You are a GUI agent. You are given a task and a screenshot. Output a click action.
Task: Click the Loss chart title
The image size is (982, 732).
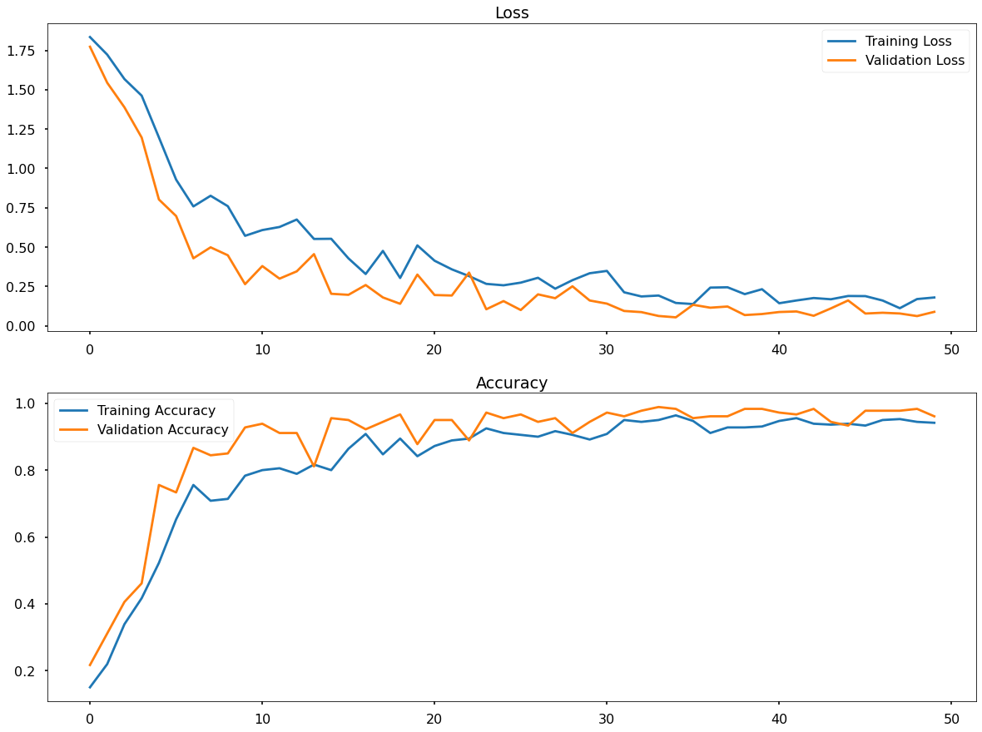pyautogui.click(x=511, y=12)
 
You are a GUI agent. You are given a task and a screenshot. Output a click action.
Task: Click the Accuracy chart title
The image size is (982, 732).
pyautogui.click(x=511, y=383)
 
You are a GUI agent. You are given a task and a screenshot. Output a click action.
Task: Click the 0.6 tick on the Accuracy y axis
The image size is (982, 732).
pyautogui.click(x=28, y=537)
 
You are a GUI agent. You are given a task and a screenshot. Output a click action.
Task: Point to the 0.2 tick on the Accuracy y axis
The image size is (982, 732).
pyautogui.click(x=28, y=670)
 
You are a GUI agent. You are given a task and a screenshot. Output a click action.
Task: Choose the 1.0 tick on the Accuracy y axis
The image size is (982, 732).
pyautogui.click(x=28, y=403)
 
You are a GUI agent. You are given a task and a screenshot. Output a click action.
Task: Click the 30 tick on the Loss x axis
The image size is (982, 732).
pyautogui.click(x=607, y=349)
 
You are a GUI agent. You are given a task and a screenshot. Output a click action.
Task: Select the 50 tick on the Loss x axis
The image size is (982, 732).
pyautogui.click(x=951, y=349)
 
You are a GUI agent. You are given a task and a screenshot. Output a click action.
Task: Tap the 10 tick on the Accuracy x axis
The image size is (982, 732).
pyautogui.click(x=262, y=719)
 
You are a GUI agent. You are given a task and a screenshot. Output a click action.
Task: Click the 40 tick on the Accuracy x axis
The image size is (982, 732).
pyautogui.click(x=779, y=719)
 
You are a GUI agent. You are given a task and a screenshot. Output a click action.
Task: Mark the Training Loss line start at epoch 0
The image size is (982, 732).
pyautogui.click(x=90, y=37)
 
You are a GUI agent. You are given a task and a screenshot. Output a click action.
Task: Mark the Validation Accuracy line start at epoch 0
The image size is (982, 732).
pyautogui.click(x=90, y=665)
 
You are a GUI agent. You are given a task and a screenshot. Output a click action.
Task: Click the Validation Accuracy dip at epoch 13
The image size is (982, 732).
pyautogui.click(x=314, y=467)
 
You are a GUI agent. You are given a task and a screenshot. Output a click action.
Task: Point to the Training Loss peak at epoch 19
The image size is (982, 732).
pyautogui.click(x=417, y=245)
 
